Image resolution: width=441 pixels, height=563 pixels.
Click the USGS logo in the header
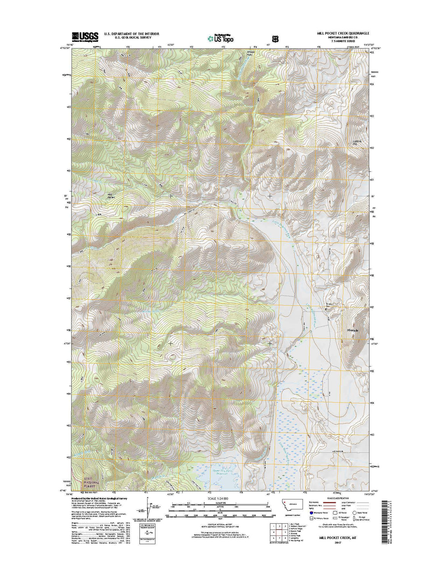click(85, 36)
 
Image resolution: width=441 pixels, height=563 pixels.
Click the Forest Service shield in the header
click(275, 38)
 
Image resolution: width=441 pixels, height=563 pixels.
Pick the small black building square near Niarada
click(326, 309)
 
